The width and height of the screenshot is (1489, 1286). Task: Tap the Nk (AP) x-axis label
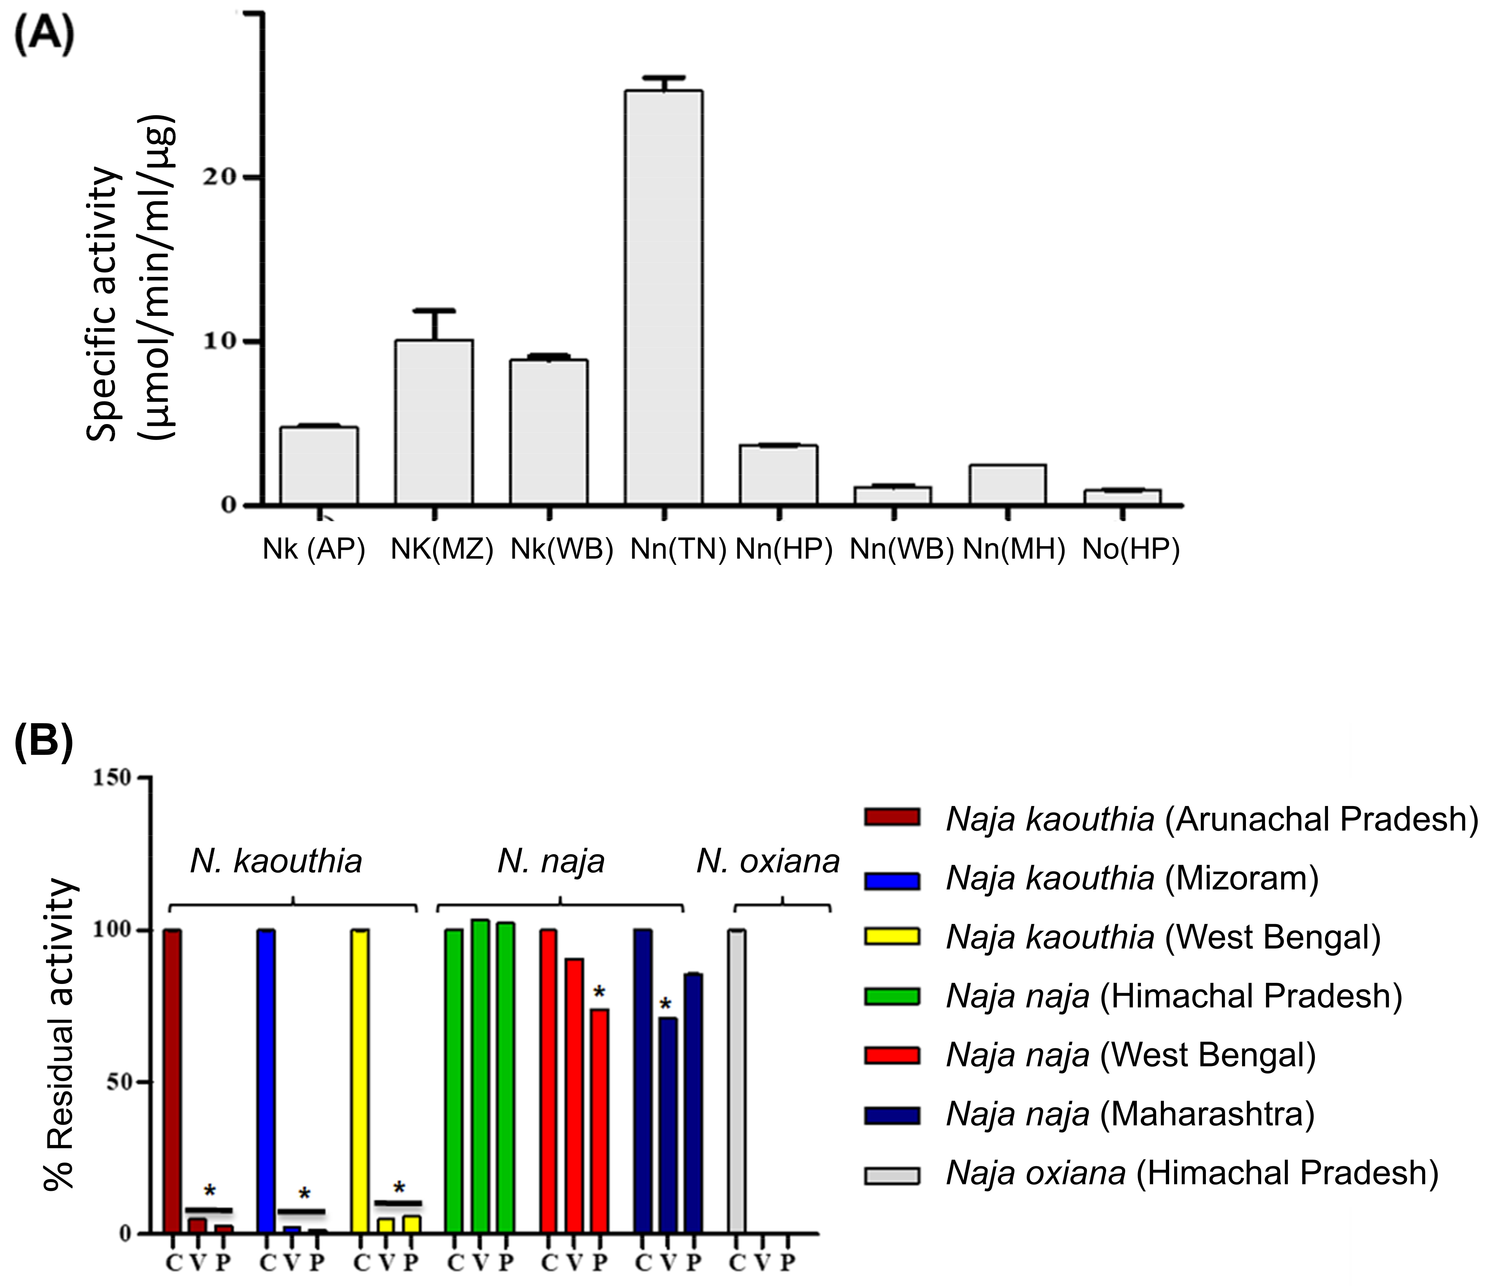point(314,550)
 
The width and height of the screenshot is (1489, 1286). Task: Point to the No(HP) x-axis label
point(1131,550)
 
